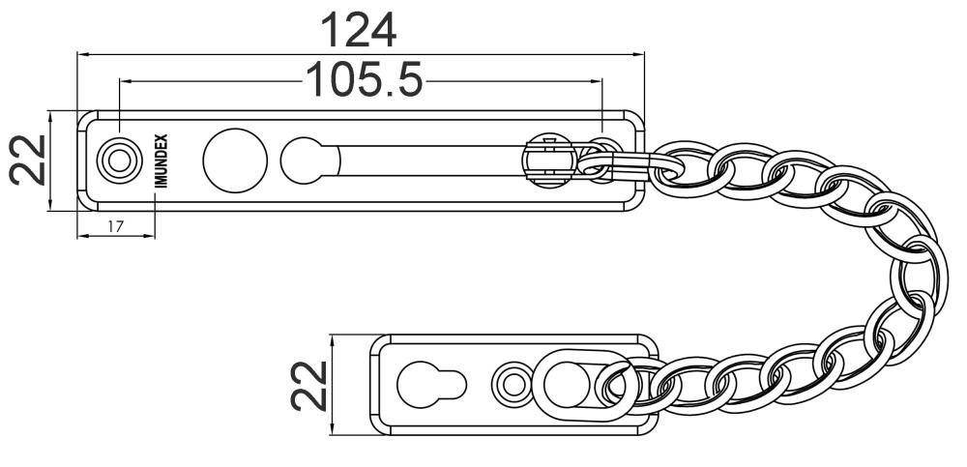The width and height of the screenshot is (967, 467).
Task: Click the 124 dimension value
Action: (359, 30)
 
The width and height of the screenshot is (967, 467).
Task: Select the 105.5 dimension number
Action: (365, 79)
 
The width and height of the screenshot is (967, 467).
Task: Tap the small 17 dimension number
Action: (115, 226)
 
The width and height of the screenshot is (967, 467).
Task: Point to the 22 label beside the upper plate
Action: (28, 161)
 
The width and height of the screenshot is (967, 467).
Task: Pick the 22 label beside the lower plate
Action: (309, 386)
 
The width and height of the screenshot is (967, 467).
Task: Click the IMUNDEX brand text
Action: (161, 161)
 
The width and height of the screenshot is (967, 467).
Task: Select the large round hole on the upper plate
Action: (235, 161)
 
